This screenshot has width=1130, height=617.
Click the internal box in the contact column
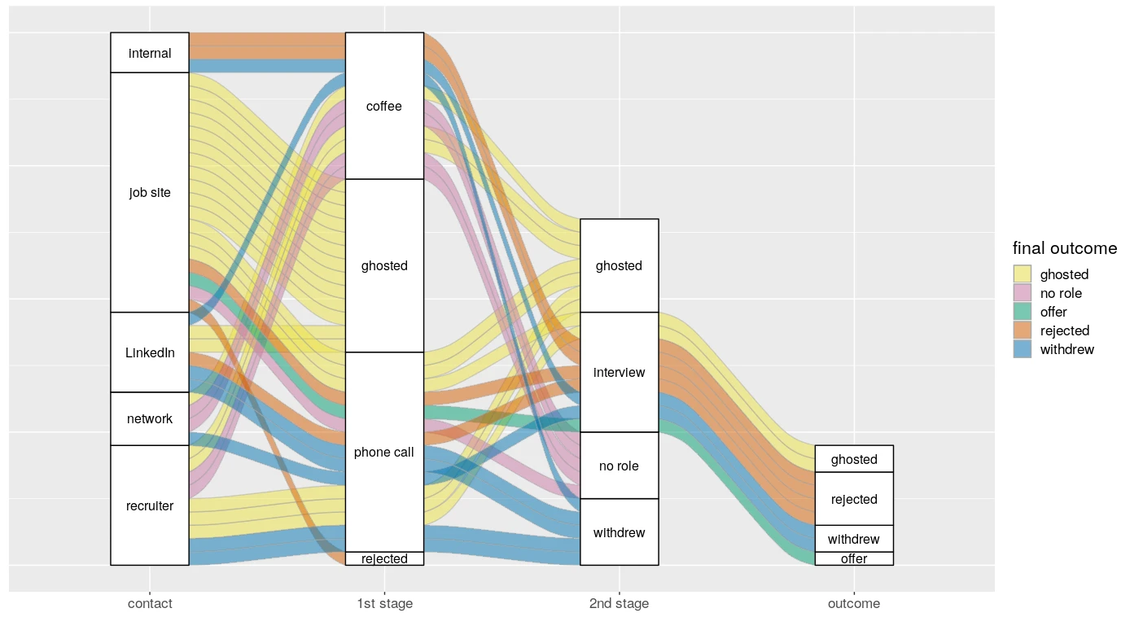tap(150, 53)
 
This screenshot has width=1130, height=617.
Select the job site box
tap(150, 192)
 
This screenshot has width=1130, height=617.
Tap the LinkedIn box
tap(150, 352)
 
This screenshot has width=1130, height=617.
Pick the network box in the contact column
tap(150, 418)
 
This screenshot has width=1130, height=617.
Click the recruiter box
tap(150, 505)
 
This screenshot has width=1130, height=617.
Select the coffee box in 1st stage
tap(384, 106)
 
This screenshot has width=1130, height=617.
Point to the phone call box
tap(384, 452)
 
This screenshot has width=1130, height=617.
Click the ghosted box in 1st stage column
tap(384, 265)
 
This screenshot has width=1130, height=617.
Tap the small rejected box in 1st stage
tap(384, 558)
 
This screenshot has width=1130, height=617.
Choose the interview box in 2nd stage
tap(619, 372)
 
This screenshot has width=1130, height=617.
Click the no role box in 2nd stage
tap(619, 466)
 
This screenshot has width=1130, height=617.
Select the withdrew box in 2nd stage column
tap(619, 532)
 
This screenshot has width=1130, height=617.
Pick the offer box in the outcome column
tap(854, 558)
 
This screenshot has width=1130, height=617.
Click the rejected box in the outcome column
tap(854, 499)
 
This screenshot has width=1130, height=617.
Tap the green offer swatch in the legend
tap(1022, 312)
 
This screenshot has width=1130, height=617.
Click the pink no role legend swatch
tap(1022, 293)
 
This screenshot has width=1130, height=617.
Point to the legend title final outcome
tap(1064, 248)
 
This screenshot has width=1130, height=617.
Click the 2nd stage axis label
tap(619, 603)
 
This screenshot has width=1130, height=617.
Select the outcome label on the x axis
tap(854, 603)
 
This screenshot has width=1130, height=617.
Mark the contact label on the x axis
tap(150, 603)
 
